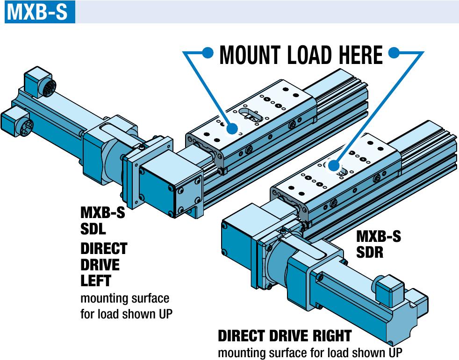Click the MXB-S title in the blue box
coord(37,12)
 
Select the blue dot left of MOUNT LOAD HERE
coord(209,52)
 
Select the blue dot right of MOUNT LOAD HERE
coord(395,52)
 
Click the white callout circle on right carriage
coord(334,165)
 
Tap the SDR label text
coord(370,253)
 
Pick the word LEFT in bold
coord(96,281)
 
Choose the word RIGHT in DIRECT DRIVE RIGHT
coord(327,336)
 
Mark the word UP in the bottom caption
coord(394,353)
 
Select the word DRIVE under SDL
coord(100,265)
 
